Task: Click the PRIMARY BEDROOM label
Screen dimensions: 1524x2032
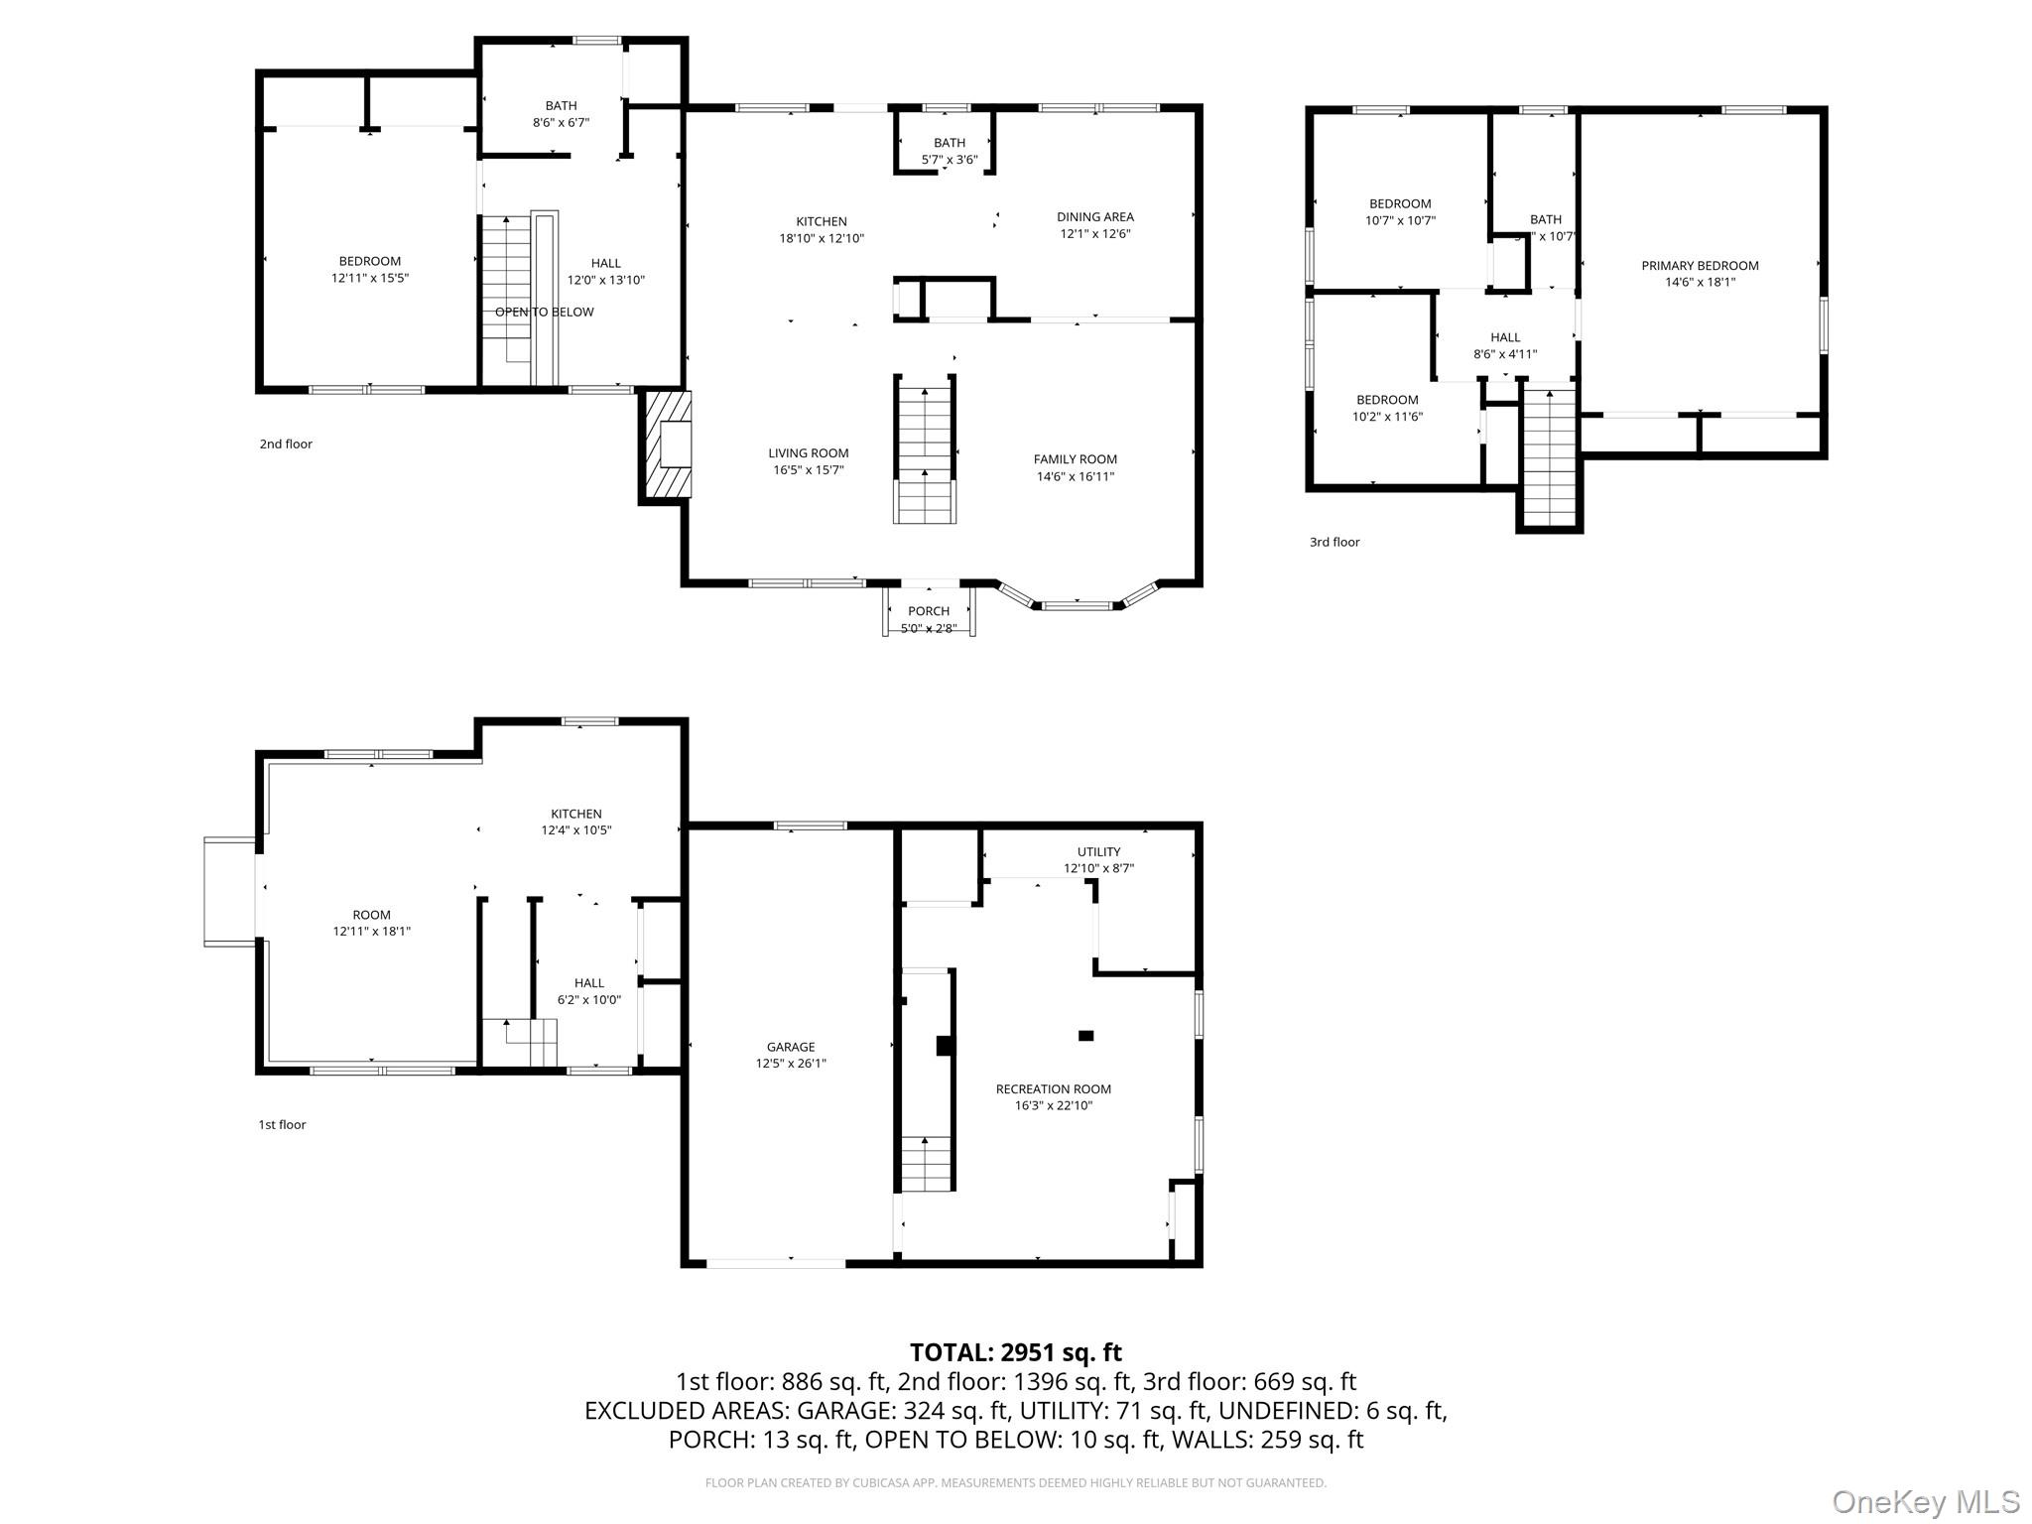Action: point(1700,265)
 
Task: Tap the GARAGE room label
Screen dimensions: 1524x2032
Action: point(790,1047)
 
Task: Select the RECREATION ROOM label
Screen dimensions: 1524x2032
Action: point(1053,1088)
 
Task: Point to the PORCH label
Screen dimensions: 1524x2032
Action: point(928,611)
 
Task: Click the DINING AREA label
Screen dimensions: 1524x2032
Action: point(1094,216)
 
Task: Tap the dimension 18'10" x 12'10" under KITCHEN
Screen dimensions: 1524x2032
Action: point(821,238)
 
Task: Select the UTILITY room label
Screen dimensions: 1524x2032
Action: point(1098,851)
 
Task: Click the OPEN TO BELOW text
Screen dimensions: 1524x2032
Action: point(544,312)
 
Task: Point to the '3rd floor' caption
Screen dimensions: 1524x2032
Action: point(1333,542)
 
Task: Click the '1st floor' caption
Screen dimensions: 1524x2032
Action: point(282,1124)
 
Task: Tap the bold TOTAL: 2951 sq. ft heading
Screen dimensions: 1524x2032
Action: point(1015,1351)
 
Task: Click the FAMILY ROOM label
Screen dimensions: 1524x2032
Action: point(1075,459)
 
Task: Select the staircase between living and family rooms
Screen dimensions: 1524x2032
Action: point(925,451)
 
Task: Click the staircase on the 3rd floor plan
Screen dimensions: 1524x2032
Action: point(1549,456)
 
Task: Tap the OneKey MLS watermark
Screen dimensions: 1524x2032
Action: point(1925,1501)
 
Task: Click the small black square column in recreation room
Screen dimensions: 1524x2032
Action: point(1085,1036)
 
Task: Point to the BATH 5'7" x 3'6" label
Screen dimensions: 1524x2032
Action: point(949,150)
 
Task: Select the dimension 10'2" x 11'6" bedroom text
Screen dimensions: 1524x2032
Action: point(1386,417)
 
